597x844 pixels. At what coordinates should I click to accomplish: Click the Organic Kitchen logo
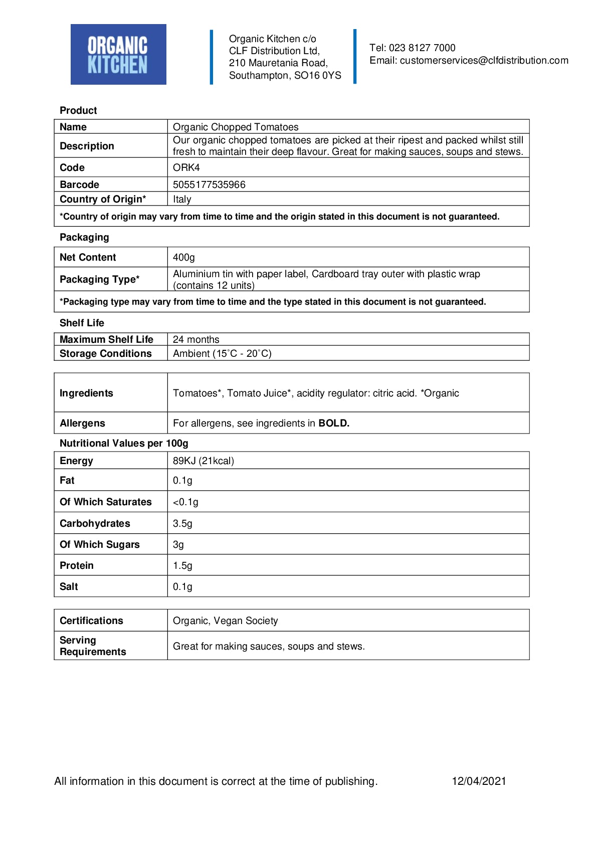click(118, 54)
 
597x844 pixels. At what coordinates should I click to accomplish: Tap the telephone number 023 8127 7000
click(422, 48)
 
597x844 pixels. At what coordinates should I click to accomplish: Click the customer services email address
click(484, 61)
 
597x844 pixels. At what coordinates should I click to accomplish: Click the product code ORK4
click(186, 168)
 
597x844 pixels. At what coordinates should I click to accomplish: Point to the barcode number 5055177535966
click(209, 185)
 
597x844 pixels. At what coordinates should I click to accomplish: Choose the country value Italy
click(182, 199)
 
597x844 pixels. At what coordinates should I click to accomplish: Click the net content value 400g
click(183, 258)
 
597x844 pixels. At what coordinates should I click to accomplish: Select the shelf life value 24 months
click(196, 340)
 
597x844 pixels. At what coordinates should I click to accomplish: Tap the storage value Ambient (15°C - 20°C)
click(222, 354)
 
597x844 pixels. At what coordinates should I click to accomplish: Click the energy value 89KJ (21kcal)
click(204, 461)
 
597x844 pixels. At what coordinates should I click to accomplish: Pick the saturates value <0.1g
click(185, 502)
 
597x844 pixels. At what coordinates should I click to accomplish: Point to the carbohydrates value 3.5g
click(182, 524)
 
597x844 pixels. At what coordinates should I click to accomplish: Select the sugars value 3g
click(178, 545)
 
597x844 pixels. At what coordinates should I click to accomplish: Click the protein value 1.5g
click(182, 566)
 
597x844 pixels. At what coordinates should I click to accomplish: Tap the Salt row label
click(69, 587)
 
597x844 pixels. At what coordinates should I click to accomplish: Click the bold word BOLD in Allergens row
click(334, 424)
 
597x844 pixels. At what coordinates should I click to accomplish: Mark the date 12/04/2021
click(479, 781)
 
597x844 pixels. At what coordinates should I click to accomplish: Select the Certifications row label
click(91, 621)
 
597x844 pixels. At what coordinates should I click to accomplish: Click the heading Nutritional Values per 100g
click(124, 444)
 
